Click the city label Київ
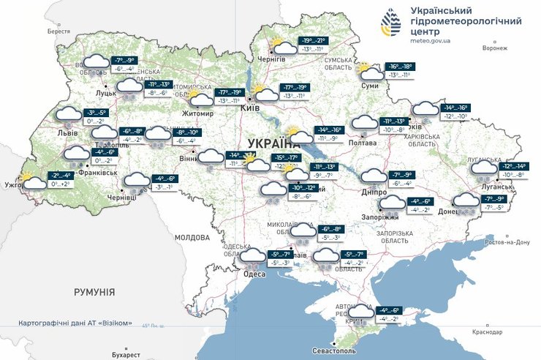pos(249,108)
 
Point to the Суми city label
pos(369,86)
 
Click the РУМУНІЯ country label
pos(94,292)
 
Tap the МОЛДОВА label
pos(192,238)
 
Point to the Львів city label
pos(69,133)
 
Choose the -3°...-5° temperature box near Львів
pos(96,113)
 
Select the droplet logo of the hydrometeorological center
pos(392,23)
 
